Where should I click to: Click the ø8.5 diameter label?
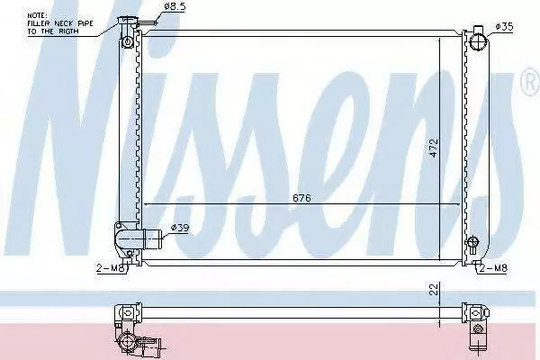(x=175, y=7)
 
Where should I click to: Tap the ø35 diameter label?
(x=504, y=26)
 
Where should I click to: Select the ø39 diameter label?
(x=180, y=228)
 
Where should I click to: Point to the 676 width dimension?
(x=301, y=198)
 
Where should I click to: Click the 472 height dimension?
(x=434, y=148)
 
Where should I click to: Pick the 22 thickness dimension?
(x=435, y=289)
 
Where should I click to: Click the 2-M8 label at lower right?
(x=493, y=268)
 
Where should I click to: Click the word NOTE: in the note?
(x=37, y=15)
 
